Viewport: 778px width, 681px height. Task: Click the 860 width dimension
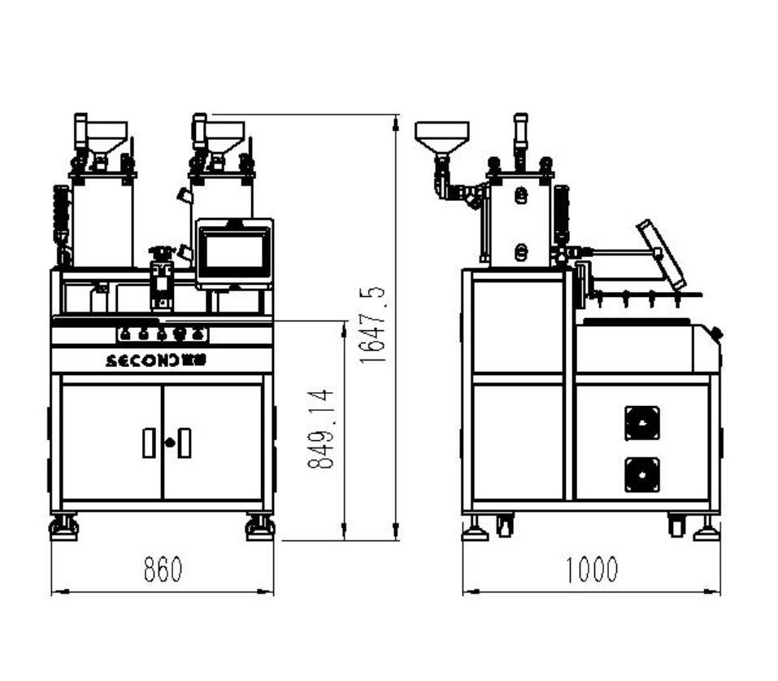click(163, 570)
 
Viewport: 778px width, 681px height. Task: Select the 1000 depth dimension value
click(592, 570)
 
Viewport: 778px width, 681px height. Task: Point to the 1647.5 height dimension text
click(372, 325)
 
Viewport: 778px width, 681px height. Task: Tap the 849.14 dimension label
click(320, 429)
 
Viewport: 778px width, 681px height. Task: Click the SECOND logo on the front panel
click(156, 360)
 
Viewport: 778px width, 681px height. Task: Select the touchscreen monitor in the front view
click(234, 253)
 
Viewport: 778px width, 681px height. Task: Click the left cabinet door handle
click(148, 443)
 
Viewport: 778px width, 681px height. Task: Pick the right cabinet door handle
click(185, 443)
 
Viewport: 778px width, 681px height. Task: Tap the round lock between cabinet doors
click(170, 442)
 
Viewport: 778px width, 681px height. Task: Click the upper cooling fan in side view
click(642, 423)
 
